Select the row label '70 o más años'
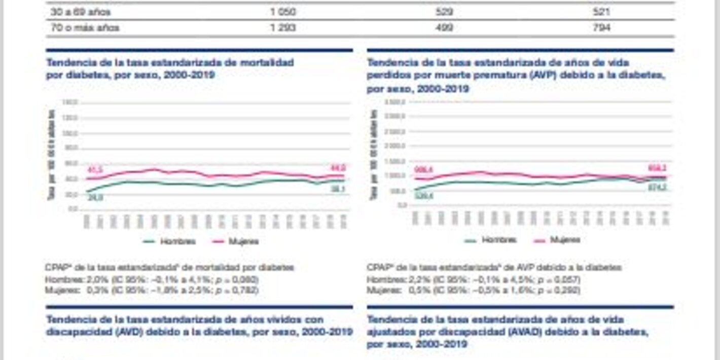click(x=85, y=28)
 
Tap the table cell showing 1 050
click(x=283, y=12)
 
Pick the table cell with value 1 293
click(x=283, y=28)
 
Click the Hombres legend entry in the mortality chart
click(x=170, y=242)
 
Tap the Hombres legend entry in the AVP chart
click(x=491, y=240)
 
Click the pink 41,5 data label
click(x=95, y=170)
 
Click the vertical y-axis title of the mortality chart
click(x=51, y=155)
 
